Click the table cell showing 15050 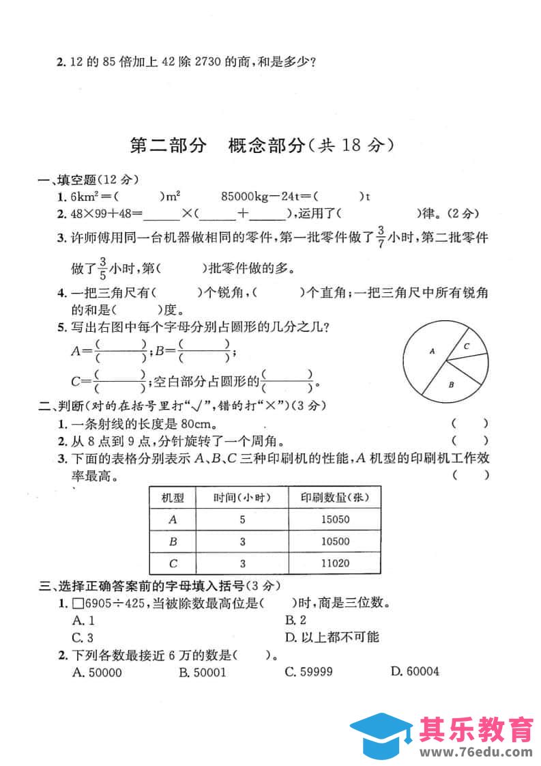click(334, 520)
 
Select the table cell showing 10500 click(334, 541)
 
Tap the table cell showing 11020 click(334, 564)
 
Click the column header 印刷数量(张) click(334, 497)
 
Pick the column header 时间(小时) click(242, 497)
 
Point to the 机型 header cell click(172, 497)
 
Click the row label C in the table click(172, 564)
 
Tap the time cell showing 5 click(242, 520)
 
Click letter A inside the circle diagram click(432, 351)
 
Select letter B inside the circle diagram click(452, 385)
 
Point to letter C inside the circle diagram click(467, 346)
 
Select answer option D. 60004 click(415, 672)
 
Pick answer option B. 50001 click(202, 672)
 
